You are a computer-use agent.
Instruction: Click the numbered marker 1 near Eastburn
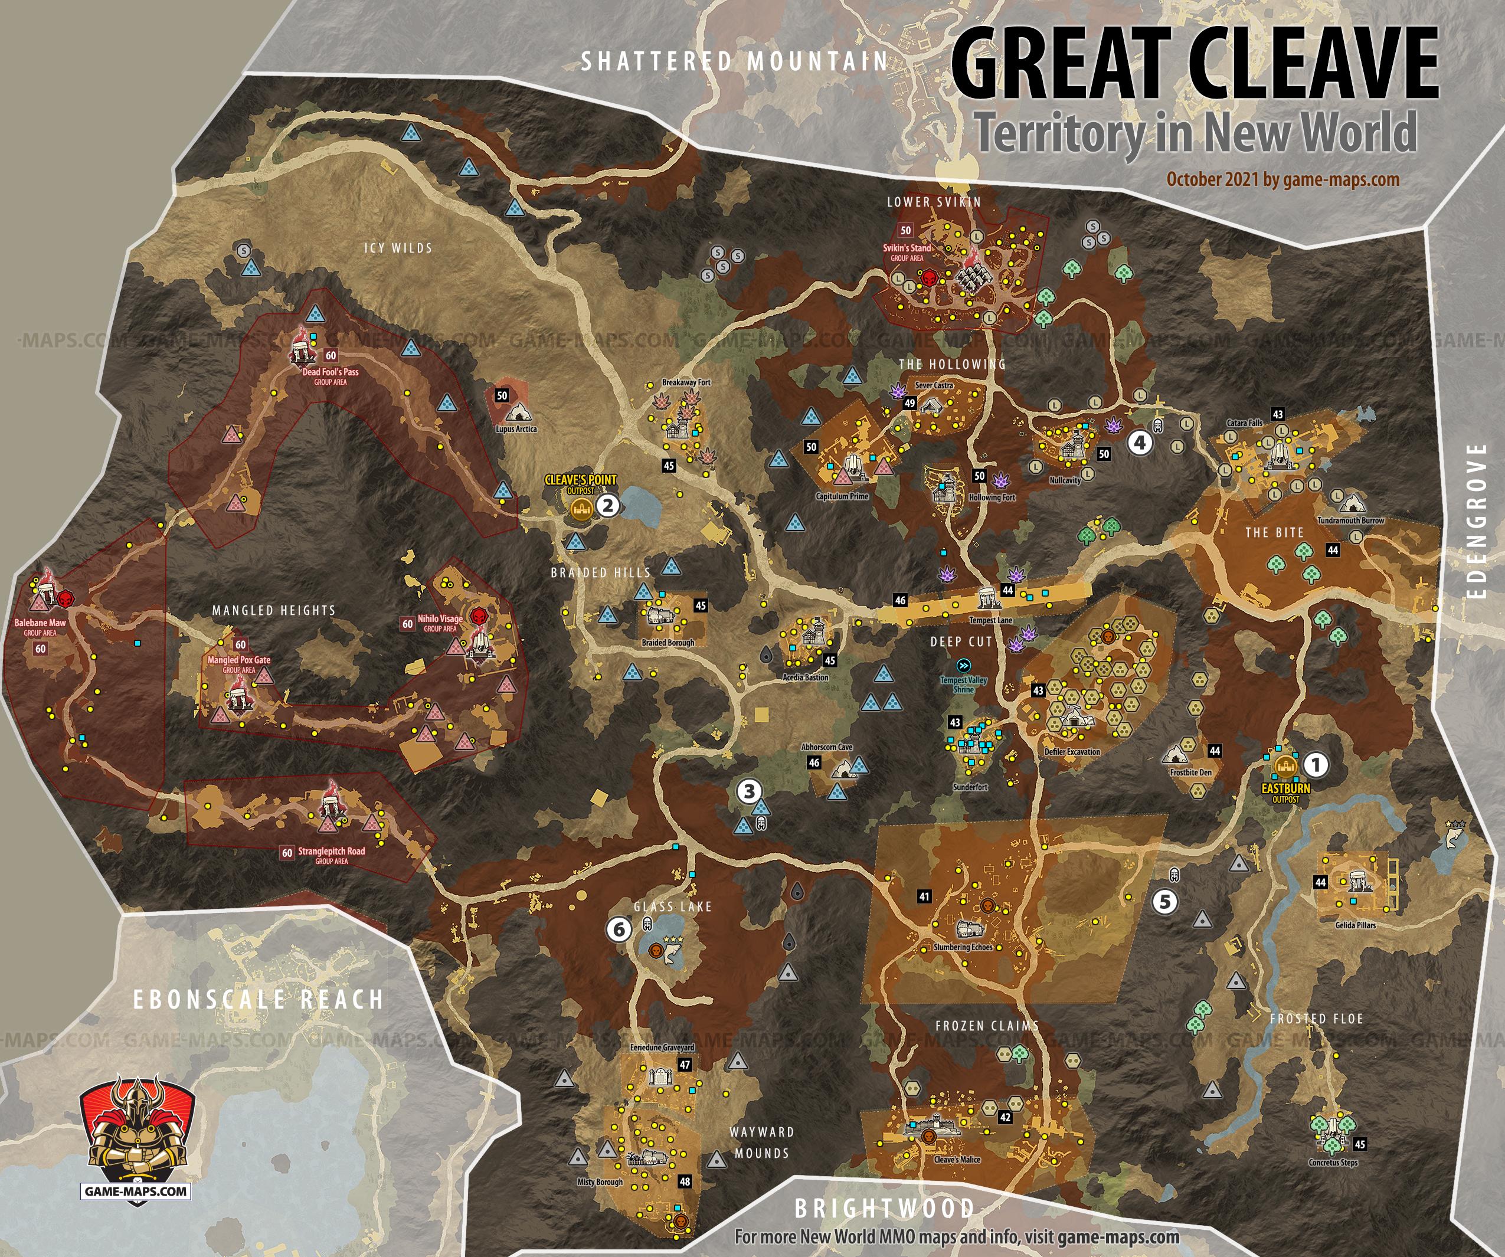tap(1315, 765)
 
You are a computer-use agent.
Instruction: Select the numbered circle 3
tap(749, 791)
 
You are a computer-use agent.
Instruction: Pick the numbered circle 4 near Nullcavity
tap(1140, 442)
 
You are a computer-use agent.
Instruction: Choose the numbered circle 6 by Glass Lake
tap(619, 929)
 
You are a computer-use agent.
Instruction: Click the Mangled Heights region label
tap(274, 611)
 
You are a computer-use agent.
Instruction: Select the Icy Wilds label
tap(398, 248)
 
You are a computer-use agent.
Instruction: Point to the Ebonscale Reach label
tap(258, 999)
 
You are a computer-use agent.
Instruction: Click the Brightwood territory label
tap(884, 1209)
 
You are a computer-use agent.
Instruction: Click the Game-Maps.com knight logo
tap(137, 1135)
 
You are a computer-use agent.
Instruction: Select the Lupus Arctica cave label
tap(516, 429)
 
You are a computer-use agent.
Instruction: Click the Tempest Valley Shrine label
tap(963, 685)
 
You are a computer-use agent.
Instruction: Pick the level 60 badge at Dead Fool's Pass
tap(331, 355)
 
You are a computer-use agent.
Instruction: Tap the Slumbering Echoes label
tap(963, 947)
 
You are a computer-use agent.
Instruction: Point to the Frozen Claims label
tap(987, 1026)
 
